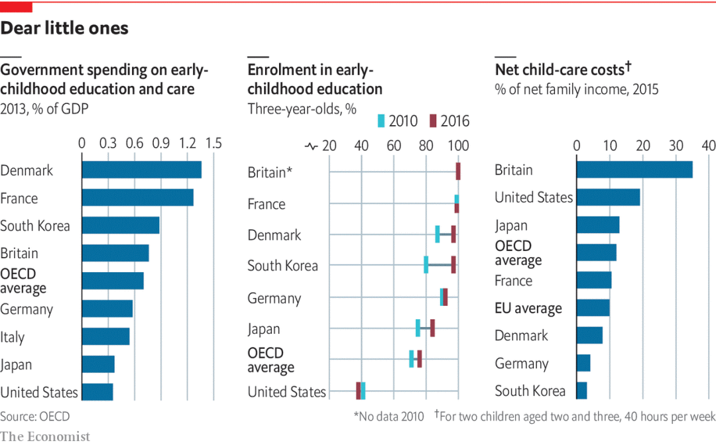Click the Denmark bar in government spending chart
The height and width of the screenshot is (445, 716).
tap(141, 170)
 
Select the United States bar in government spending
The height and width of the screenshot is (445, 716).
tap(97, 391)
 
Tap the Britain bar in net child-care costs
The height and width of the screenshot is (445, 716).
tap(634, 170)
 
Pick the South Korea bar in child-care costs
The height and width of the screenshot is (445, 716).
tap(581, 391)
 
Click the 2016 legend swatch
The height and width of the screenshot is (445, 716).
tap(433, 121)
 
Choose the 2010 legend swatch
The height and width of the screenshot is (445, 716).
tap(381, 121)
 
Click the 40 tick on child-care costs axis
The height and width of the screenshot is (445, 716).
tap(708, 146)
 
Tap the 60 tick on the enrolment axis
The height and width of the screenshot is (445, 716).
tap(394, 146)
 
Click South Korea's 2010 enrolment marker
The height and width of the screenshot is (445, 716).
tap(426, 265)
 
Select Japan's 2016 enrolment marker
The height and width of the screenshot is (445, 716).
tap(432, 328)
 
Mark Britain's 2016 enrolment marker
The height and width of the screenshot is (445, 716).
tap(458, 172)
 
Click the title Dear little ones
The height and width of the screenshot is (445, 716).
tap(64, 28)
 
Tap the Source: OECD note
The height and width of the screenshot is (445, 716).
tap(34, 417)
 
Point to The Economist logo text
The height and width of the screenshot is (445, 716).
tap(45, 436)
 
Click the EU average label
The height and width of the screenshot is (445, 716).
tap(528, 308)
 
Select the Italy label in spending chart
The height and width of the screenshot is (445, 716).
tap(13, 337)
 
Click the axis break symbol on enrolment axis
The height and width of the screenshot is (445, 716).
tap(312, 146)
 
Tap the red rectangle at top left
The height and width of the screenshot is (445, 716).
tap(16, 7)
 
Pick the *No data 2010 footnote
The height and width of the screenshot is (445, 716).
tap(389, 417)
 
